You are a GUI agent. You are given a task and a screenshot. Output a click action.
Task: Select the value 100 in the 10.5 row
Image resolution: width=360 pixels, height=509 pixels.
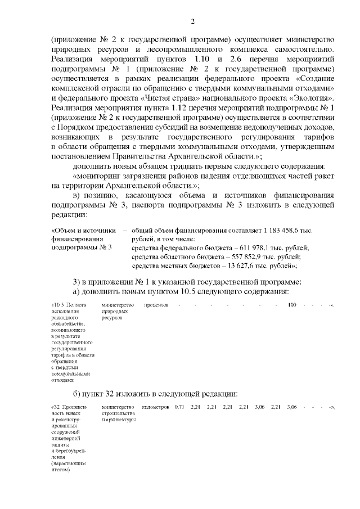tap(292, 305)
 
